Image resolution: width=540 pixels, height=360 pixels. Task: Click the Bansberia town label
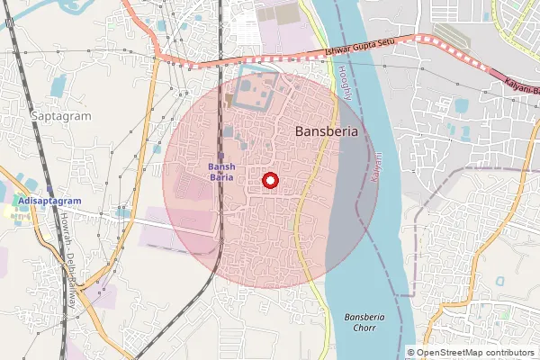click(x=327, y=131)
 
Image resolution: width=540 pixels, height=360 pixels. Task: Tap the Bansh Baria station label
click(x=221, y=171)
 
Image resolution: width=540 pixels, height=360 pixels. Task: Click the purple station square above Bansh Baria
click(x=220, y=156)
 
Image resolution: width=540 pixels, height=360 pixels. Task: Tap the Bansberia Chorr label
click(x=367, y=323)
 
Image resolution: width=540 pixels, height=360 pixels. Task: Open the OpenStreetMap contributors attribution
click(x=471, y=352)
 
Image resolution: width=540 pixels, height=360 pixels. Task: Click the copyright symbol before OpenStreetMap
click(x=411, y=352)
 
